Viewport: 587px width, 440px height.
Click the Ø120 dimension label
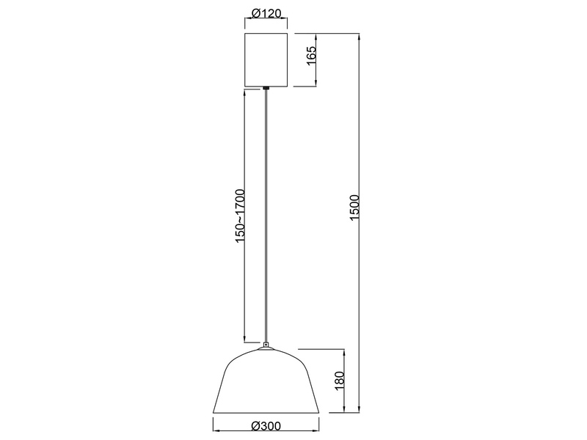[265, 14]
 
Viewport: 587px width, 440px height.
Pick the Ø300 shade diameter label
[265, 425]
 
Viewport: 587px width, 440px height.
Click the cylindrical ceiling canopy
[265, 59]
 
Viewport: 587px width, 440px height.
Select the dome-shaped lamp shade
[265, 381]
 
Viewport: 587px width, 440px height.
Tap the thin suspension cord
[265, 220]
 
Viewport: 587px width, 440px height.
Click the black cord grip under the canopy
[265, 89]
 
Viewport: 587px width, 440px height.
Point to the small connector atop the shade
[265, 343]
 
